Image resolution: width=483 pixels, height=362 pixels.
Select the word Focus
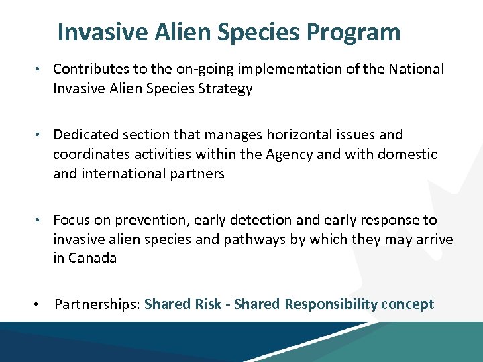click(x=70, y=220)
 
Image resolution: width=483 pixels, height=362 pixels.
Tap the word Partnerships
click(x=97, y=304)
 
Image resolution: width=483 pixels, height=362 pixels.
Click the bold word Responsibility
click(x=331, y=304)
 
